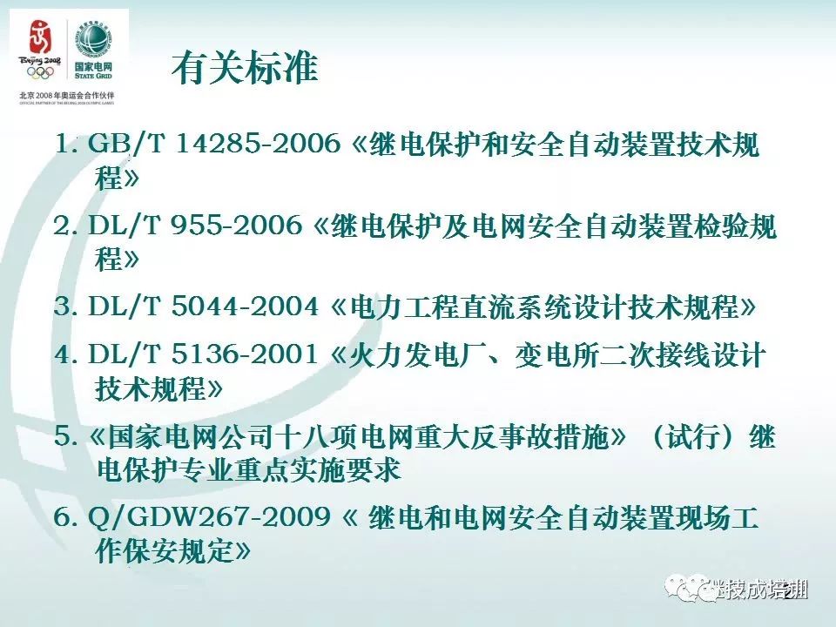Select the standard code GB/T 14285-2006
click(213, 145)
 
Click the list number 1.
click(63, 145)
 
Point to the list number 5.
click(62, 437)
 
